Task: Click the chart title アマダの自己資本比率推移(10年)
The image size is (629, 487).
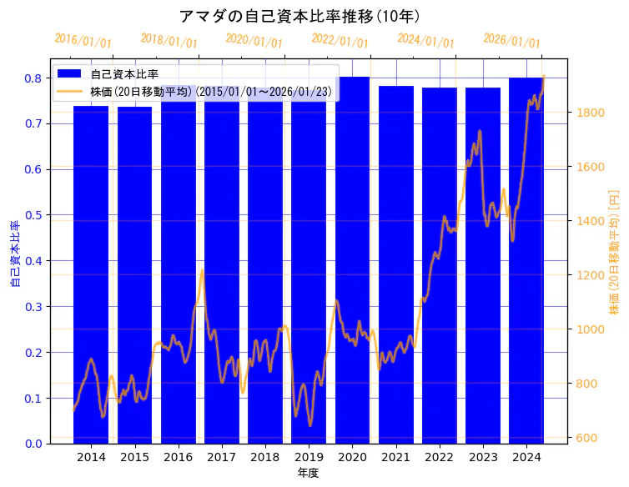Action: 299,17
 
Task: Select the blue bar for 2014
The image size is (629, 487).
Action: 91,275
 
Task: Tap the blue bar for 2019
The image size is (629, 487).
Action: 309,275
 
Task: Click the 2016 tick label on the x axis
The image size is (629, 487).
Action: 178,457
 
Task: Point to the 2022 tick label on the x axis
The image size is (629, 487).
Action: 439,457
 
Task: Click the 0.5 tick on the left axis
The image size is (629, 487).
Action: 33,215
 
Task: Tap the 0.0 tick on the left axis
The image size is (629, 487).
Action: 33,444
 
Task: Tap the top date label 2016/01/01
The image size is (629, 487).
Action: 83,41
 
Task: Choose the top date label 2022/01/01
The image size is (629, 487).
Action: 340,41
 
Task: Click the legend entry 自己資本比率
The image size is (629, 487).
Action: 124,74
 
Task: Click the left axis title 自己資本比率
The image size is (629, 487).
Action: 14,254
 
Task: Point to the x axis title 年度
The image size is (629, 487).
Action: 308,474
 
